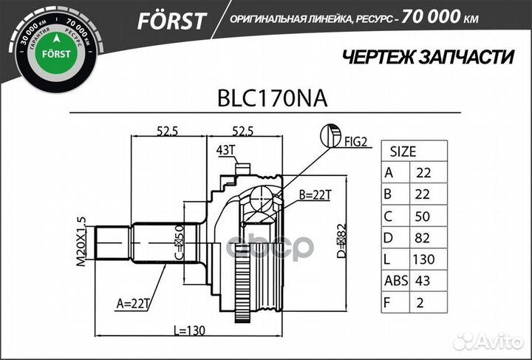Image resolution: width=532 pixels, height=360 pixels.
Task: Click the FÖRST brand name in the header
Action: click(x=171, y=21)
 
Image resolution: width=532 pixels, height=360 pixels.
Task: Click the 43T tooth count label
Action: click(x=225, y=151)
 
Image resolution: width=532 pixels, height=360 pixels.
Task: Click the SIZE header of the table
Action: click(x=403, y=152)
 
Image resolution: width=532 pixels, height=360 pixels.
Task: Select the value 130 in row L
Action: click(x=424, y=259)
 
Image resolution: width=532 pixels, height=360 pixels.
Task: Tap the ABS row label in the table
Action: click(x=397, y=281)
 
